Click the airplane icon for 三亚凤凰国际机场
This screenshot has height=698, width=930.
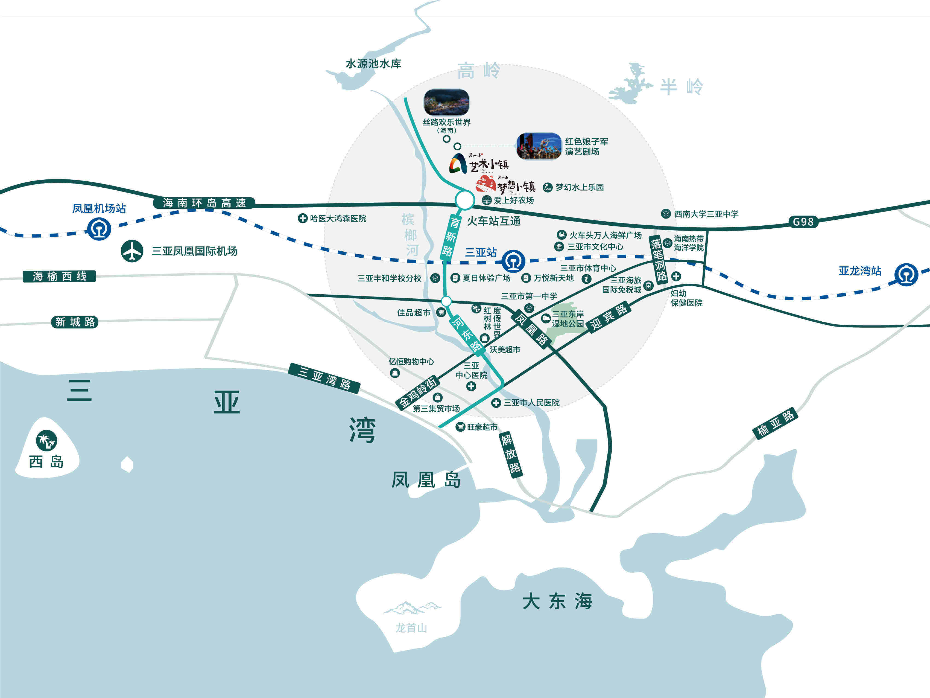[132, 251]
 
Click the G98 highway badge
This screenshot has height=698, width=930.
[803, 222]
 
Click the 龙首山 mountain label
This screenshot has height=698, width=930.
[411, 628]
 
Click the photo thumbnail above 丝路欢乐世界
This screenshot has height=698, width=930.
[446, 102]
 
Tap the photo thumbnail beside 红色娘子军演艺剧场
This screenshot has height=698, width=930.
[539, 146]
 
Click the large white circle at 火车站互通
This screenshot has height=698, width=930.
[464, 200]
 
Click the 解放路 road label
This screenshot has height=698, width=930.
[511, 454]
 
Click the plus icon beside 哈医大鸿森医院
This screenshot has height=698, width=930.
[302, 218]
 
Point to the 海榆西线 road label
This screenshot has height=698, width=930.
[59, 277]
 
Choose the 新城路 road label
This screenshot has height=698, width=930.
[75, 322]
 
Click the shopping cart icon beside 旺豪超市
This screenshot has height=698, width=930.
[461, 427]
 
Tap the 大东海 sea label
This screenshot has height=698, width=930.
[557, 602]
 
